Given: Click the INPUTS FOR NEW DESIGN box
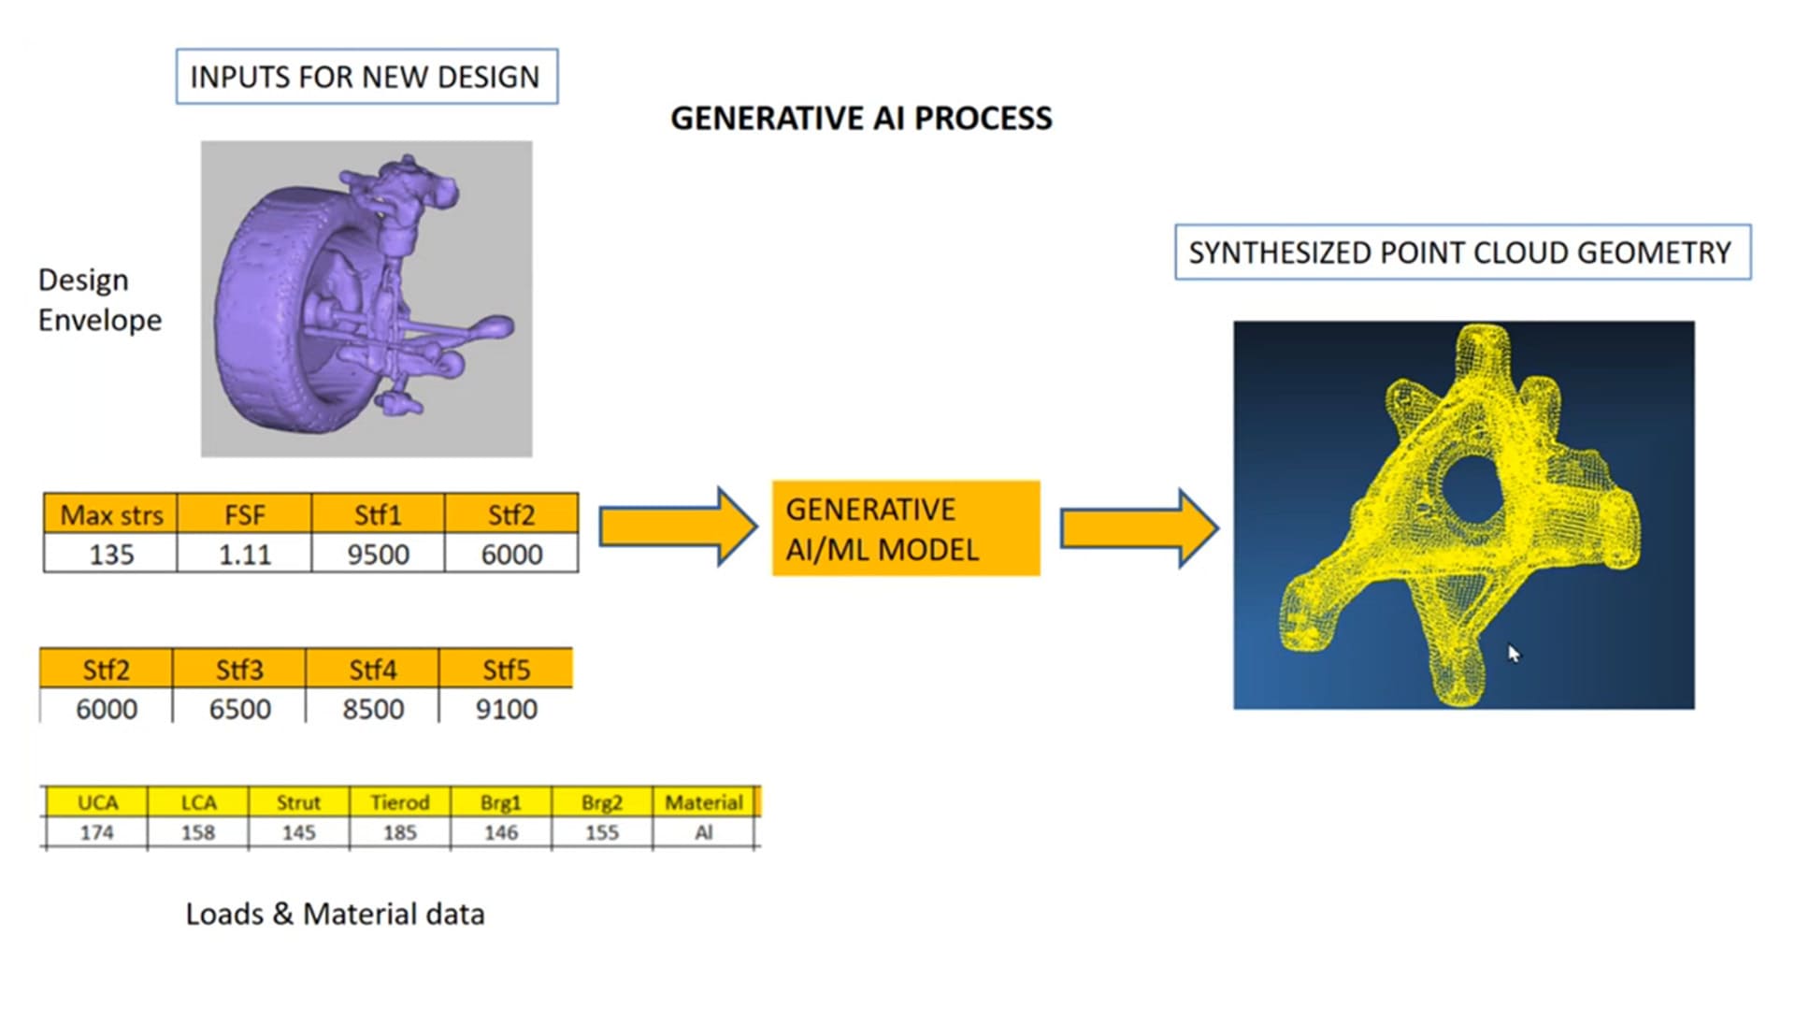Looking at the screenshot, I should (366, 77).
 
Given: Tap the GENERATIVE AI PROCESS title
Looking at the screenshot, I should (861, 119).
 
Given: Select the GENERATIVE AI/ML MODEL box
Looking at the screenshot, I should (905, 528).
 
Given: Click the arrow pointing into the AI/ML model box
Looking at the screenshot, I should (677, 527).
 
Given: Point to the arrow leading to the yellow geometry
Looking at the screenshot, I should (1138, 528).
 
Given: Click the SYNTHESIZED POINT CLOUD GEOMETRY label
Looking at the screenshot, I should (1461, 252).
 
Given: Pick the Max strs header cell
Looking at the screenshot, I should (110, 514).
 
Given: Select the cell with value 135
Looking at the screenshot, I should (110, 555).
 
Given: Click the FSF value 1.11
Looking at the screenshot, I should (244, 555).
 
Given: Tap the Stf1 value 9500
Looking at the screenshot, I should (378, 555).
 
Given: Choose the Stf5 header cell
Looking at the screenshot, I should (506, 670).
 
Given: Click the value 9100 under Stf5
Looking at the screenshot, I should (506, 709).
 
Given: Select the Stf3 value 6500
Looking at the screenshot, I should (239, 709).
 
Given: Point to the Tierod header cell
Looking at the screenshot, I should (399, 802).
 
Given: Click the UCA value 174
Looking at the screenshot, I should (96, 832).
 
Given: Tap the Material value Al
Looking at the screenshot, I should (704, 832).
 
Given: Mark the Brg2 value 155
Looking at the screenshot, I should (601, 832).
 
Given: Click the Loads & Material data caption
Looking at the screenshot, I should (335, 914).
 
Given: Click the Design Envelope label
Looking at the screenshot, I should (99, 300).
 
